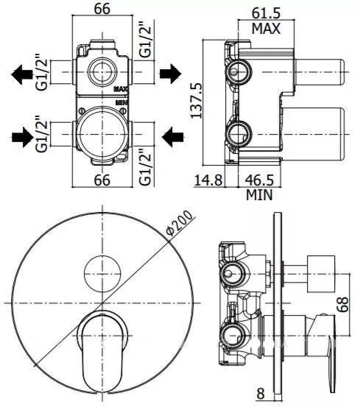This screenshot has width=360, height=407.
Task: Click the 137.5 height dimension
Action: pyautogui.click(x=197, y=100)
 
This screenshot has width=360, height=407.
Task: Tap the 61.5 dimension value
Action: pyautogui.click(x=266, y=13)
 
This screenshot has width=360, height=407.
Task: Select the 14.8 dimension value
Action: pyautogui.click(x=208, y=180)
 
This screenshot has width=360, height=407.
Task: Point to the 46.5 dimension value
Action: pyautogui.click(x=259, y=180)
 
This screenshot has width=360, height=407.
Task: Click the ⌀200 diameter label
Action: pyautogui.click(x=180, y=223)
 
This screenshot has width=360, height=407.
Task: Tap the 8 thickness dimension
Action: pyautogui.click(x=261, y=393)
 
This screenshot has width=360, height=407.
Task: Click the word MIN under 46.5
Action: pyautogui.click(x=259, y=195)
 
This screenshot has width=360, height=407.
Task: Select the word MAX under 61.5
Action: pyautogui.click(x=266, y=28)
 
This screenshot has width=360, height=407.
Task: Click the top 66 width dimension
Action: pyautogui.click(x=102, y=9)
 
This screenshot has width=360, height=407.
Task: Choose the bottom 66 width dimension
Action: pyautogui.click(x=102, y=180)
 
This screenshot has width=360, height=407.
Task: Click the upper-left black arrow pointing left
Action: pyautogui.click(x=22, y=74)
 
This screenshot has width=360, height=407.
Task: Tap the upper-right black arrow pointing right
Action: pyautogui.click(x=170, y=74)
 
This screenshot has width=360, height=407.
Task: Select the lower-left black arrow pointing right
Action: pyautogui.click(x=23, y=137)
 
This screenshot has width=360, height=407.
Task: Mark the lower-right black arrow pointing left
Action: pyautogui.click(x=172, y=137)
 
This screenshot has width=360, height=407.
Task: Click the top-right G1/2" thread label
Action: pyautogui.click(x=145, y=41)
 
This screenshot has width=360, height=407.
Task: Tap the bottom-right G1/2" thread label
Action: pyautogui.click(x=145, y=167)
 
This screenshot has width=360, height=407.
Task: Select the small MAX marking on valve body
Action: pyautogui.click(x=121, y=89)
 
